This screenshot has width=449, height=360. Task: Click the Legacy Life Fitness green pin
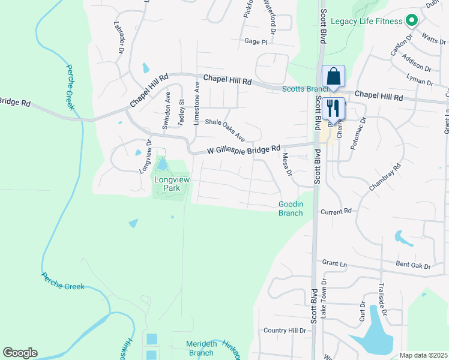pyautogui.click(x=411, y=22)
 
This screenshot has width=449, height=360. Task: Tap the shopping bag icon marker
pyautogui.click(x=333, y=77)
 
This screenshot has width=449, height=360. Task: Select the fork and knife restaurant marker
pyautogui.click(x=333, y=109)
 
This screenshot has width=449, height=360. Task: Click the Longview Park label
pyautogui.click(x=167, y=184)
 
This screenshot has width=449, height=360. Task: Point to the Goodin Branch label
pyautogui.click(x=291, y=208)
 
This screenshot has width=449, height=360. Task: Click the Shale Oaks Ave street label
pyautogui.click(x=225, y=129)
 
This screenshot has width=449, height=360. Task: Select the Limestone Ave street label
pyautogui.click(x=196, y=104)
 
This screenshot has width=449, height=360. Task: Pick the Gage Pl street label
pyautogui.click(x=255, y=42)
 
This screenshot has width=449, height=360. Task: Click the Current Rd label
pyautogui.click(x=336, y=212)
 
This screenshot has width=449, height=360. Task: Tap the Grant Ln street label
pyautogui.click(x=334, y=263)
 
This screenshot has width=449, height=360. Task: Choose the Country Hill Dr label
pyautogui.click(x=285, y=331)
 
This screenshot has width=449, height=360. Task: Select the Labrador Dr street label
pyautogui.click(x=119, y=37)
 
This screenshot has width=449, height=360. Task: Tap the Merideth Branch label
pyautogui.click(x=201, y=348)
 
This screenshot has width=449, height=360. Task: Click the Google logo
pyautogui.click(x=20, y=353)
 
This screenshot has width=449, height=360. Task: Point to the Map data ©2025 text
pyautogui.click(x=423, y=355)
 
